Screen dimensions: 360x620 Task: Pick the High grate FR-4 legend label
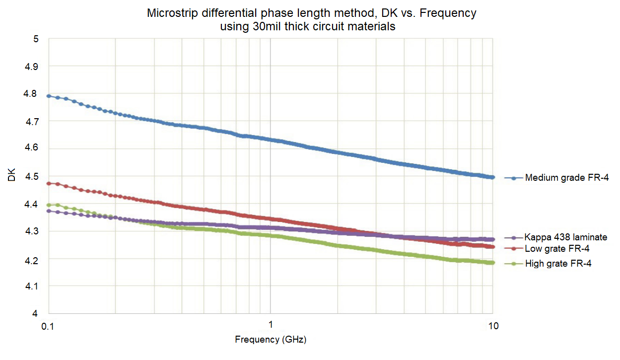coord(558,263)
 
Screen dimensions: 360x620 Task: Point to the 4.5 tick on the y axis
coord(32,176)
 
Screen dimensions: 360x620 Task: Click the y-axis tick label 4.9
coord(32,67)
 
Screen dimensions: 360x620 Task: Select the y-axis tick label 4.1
coord(32,286)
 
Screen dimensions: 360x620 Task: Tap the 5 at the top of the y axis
coord(36,39)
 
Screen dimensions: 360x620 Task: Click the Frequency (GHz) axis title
coord(271,340)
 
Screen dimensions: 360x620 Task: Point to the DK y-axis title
coord(12,176)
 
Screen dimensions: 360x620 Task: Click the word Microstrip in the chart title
coord(168,13)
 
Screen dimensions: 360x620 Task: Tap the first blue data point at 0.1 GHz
coord(49,96)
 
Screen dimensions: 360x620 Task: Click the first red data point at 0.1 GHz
coord(49,183)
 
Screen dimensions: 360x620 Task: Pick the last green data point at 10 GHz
coord(492,263)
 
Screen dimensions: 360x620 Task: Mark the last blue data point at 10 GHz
coord(492,177)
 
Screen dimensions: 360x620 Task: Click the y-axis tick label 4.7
coord(32,121)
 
